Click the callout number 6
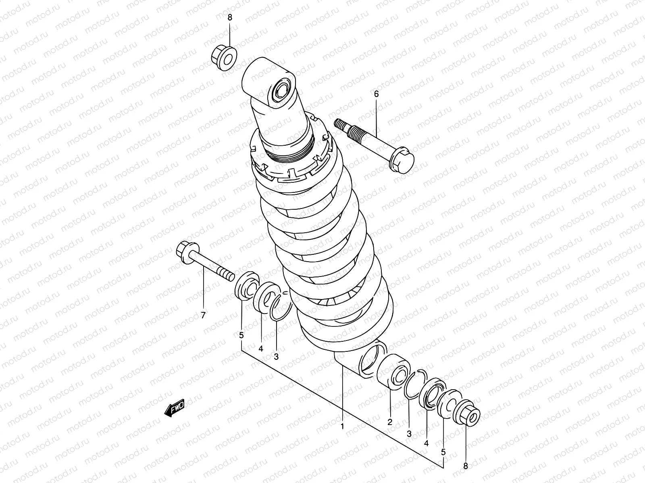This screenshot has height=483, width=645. tap(377, 94)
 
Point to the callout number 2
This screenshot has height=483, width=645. tap(390, 422)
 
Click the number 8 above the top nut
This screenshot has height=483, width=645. tap(230, 18)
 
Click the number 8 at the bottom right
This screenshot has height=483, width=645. tap(466, 466)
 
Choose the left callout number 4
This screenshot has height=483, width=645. tap(261, 349)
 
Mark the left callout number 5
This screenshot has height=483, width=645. tap(241, 335)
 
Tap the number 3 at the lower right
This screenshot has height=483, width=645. tap(409, 434)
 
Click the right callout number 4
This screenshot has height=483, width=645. tap(427, 443)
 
